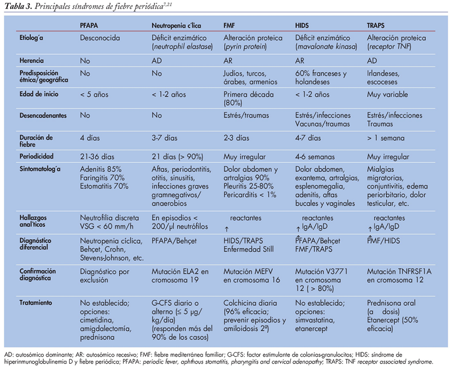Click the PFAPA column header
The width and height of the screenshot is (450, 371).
point(92,25)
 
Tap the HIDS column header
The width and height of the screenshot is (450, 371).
point(304,25)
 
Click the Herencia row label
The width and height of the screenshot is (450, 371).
point(31,59)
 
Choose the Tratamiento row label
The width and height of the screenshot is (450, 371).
point(36,302)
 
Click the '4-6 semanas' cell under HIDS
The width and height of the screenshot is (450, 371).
point(314,154)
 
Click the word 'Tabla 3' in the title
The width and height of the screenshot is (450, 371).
point(16,6)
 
